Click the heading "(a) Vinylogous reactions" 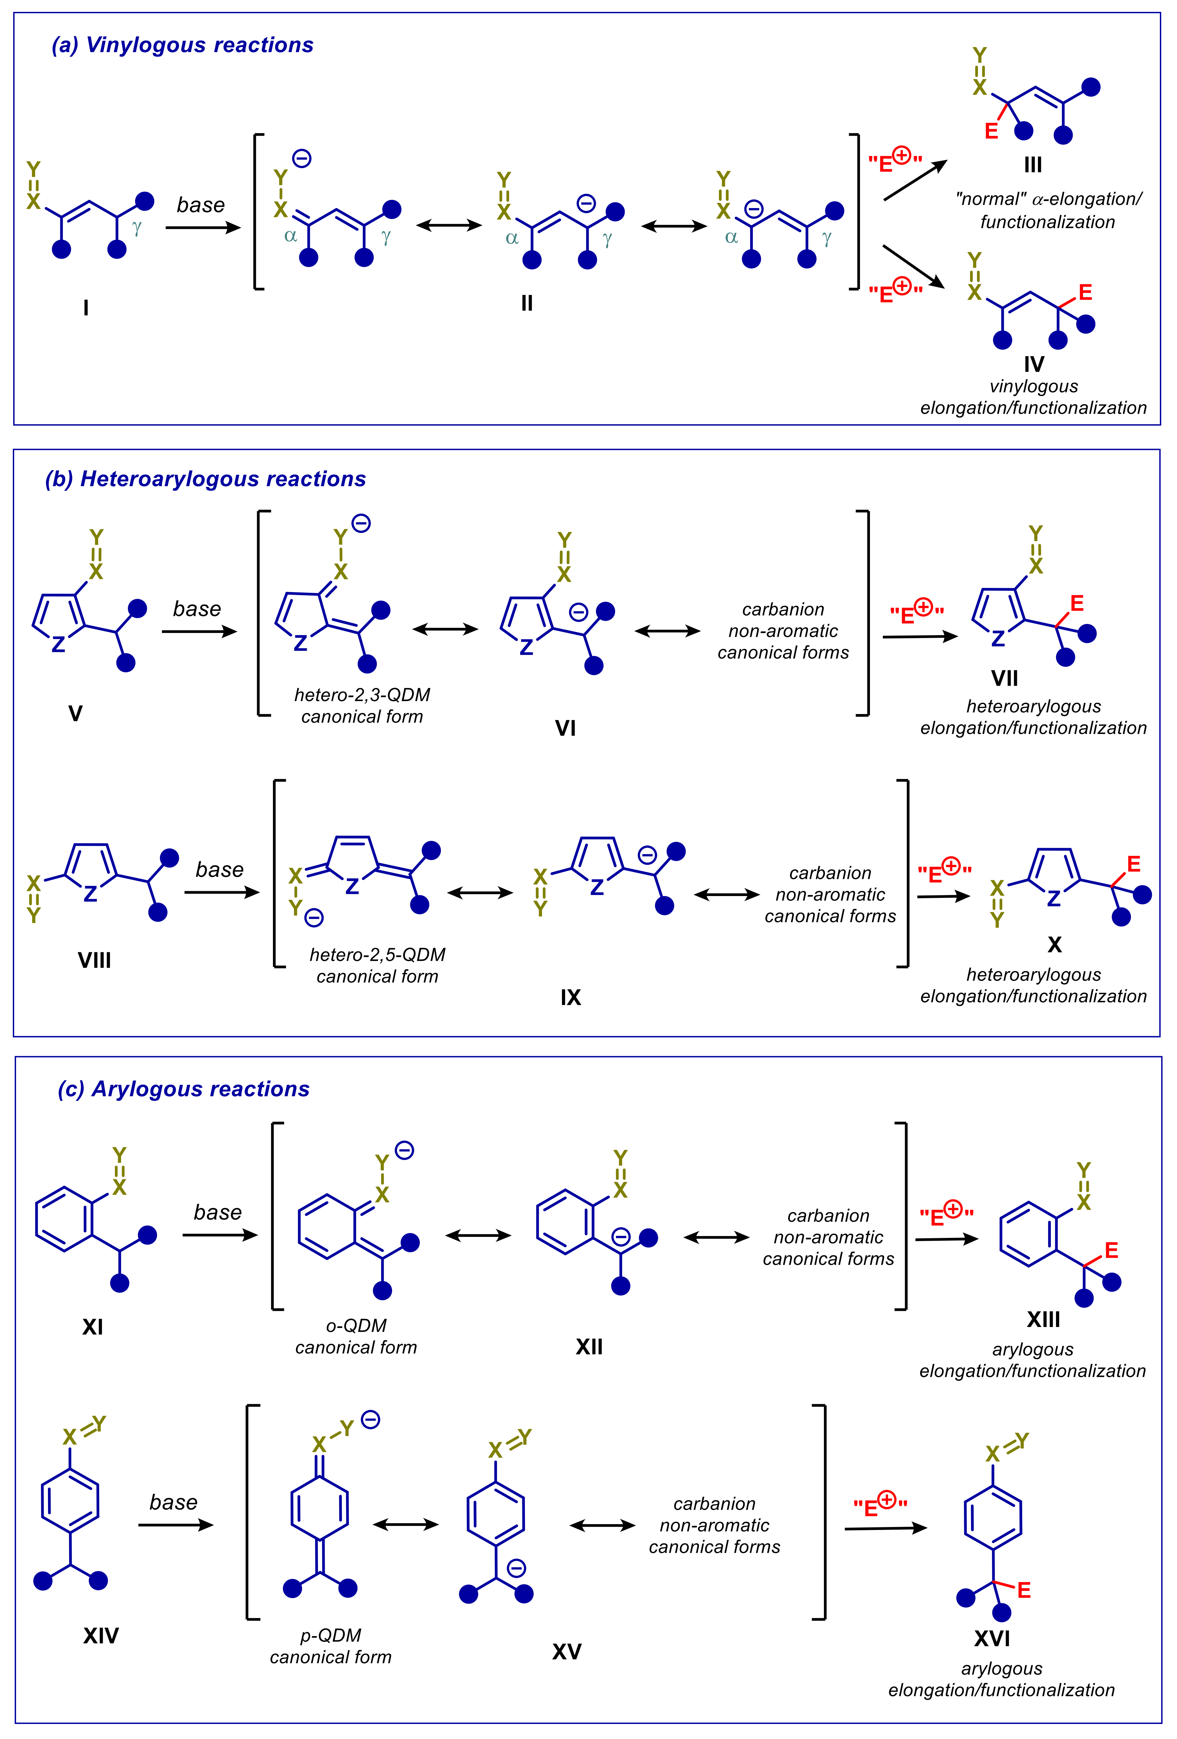[182, 45]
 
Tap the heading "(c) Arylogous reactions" [183, 1089]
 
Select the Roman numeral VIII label [94, 960]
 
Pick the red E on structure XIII [1111, 1250]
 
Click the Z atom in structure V [58, 644]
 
